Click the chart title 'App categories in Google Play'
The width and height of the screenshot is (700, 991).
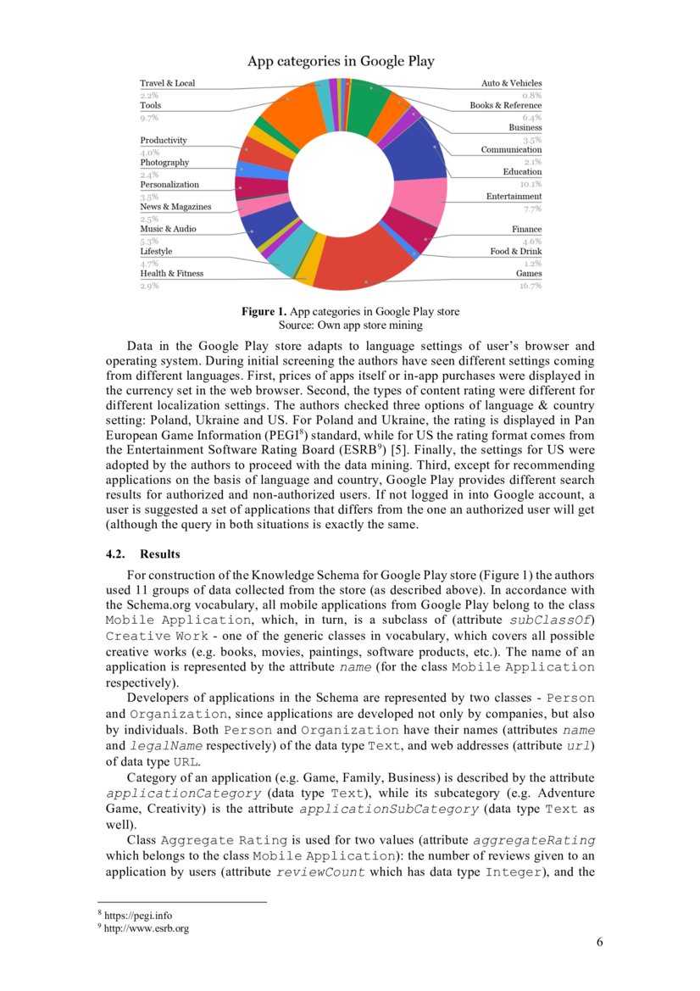(341, 61)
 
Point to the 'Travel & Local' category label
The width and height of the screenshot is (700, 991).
(167, 83)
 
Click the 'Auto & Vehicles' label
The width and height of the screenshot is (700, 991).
(511, 83)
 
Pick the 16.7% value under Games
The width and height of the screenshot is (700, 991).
(530, 286)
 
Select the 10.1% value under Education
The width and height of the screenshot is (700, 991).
(531, 184)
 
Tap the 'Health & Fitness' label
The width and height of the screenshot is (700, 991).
(171, 274)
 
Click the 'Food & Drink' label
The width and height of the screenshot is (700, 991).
(515, 252)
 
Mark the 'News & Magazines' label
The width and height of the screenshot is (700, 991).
(175, 207)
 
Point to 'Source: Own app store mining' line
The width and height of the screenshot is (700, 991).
(350, 325)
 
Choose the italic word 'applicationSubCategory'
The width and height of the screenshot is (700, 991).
(389, 810)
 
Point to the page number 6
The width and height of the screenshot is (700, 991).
(599, 943)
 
